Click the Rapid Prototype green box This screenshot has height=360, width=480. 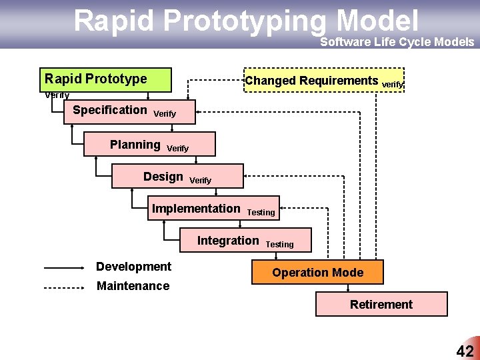click(x=105, y=79)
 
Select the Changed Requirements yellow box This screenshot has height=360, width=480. click(x=324, y=81)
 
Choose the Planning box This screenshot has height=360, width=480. click(x=149, y=144)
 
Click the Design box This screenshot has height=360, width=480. click(x=178, y=177)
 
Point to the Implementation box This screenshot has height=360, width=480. click(x=214, y=209)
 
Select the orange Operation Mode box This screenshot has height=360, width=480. click(x=317, y=272)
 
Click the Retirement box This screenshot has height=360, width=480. click(x=381, y=305)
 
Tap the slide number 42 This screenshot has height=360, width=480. click(x=464, y=351)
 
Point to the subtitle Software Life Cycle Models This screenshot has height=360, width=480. click(x=397, y=42)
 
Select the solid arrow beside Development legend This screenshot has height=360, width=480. click(x=64, y=268)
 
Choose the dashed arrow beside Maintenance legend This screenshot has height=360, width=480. click(x=64, y=288)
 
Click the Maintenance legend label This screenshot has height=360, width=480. click(x=133, y=286)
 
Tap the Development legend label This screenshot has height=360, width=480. click(x=133, y=267)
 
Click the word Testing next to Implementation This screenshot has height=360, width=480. click(x=261, y=213)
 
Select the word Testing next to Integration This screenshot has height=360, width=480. click(x=279, y=245)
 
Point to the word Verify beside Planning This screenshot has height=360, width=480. click(x=177, y=148)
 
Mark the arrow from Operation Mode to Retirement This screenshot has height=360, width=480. click(x=347, y=288)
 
